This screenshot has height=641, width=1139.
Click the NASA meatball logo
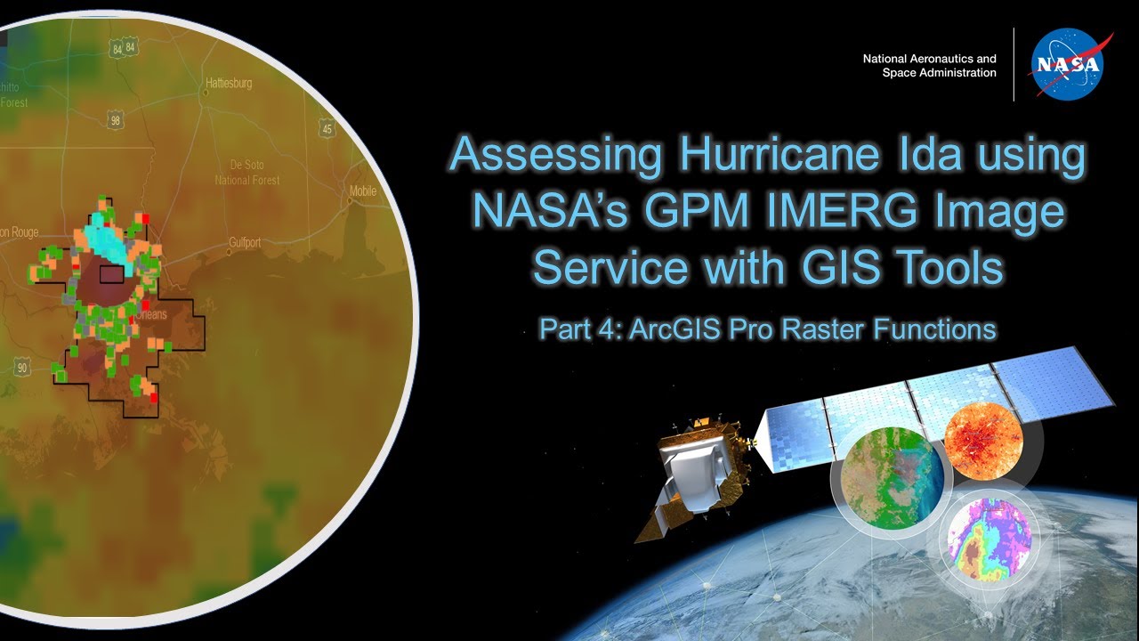pyautogui.click(x=1068, y=65)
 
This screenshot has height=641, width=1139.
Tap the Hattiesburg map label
pyautogui.click(x=229, y=84)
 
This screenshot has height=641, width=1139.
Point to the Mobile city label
pyautogui.click(x=362, y=191)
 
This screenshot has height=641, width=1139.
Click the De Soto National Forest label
pyautogui.click(x=246, y=173)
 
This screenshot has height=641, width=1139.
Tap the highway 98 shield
pyautogui.click(x=114, y=119)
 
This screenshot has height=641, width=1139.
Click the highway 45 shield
pyautogui.click(x=327, y=129)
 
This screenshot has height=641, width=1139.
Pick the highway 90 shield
pyautogui.click(x=23, y=367)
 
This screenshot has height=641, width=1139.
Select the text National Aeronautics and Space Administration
pyautogui.click(x=929, y=66)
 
